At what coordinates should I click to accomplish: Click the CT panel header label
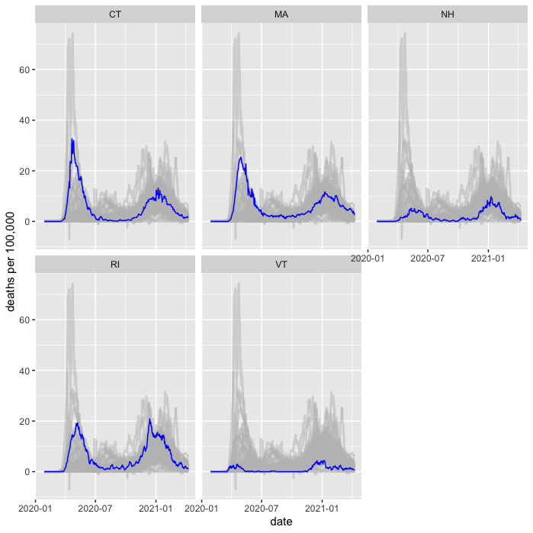[115, 14]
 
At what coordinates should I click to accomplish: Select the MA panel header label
[281, 14]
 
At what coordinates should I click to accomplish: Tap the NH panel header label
[448, 14]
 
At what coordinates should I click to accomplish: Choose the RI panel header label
[115, 265]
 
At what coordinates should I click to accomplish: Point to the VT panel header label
[281, 265]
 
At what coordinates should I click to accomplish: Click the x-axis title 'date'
[281, 522]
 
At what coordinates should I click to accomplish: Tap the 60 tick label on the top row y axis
[24, 70]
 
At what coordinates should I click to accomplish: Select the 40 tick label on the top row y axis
[24, 120]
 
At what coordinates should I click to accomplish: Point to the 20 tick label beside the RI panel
[24, 422]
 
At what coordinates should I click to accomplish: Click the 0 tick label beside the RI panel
[27, 472]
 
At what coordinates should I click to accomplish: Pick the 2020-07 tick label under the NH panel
[428, 258]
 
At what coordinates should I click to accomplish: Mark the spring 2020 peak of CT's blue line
[72, 139]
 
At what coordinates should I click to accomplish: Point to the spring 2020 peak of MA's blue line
[240, 158]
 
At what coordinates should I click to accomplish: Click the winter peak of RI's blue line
[150, 419]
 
